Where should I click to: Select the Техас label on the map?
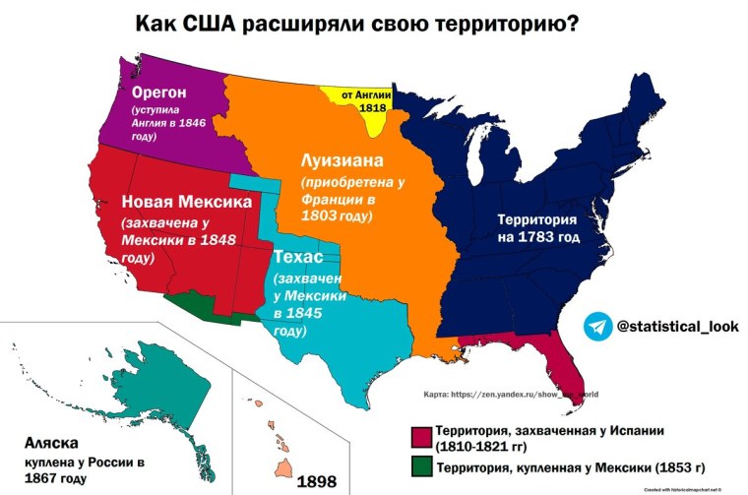pyautogui.click(x=300, y=257)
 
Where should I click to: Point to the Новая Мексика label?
pyautogui.click(x=186, y=202)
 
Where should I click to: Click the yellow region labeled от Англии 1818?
pyautogui.click(x=366, y=103)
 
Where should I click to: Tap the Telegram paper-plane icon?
pyautogui.click(x=597, y=327)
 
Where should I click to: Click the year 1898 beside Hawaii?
pyautogui.click(x=317, y=481)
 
